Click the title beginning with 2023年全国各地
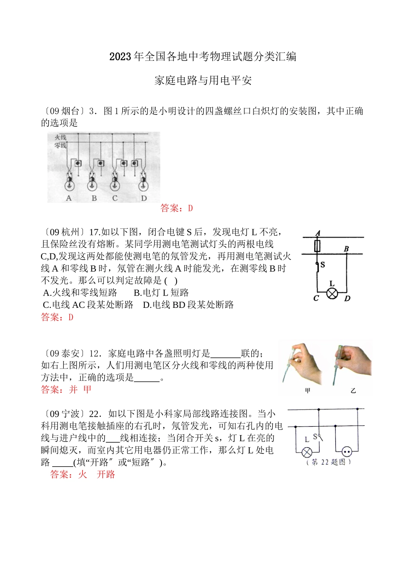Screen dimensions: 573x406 click(x=203, y=57)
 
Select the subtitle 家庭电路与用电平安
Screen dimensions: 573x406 click(x=203, y=81)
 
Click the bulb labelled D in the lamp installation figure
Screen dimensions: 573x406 click(x=144, y=184)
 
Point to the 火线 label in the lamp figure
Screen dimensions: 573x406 click(x=60, y=137)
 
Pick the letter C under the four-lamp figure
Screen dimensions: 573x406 click(x=115, y=199)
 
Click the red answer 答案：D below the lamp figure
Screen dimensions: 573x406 click(x=177, y=208)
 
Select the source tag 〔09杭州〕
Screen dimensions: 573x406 click(x=64, y=232)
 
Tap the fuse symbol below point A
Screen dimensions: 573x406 click(x=317, y=246)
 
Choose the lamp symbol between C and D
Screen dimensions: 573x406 click(x=332, y=293)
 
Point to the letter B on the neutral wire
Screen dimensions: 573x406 click(x=346, y=248)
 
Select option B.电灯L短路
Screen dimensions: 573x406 click(x=161, y=293)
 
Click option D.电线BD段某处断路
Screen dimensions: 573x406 click(x=188, y=305)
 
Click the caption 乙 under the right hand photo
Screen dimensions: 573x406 click(x=353, y=390)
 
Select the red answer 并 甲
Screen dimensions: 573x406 click(x=80, y=389)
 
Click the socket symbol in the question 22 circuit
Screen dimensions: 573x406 click(x=347, y=452)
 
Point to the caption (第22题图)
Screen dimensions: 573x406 click(x=329, y=462)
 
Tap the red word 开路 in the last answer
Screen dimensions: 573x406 click(x=106, y=474)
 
